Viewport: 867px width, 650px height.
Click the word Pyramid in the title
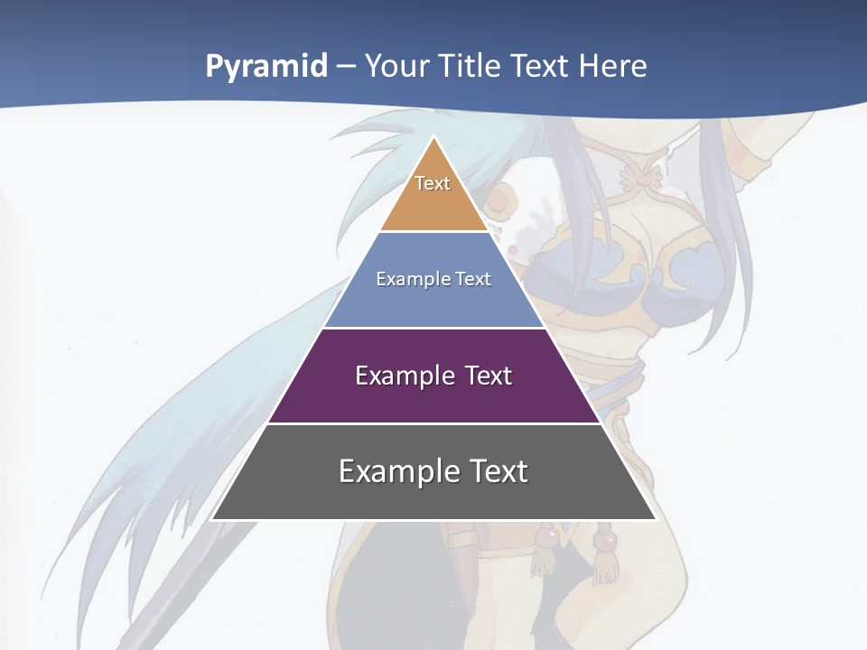[x=266, y=67]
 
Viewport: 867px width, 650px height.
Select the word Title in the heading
[x=472, y=67]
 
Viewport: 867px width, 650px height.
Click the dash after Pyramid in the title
[x=346, y=67]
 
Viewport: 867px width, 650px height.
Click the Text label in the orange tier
[x=433, y=183]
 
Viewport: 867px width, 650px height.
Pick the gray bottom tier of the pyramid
[x=433, y=497]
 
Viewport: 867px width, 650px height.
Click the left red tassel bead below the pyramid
[x=545, y=539]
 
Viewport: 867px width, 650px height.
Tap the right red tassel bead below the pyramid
[x=606, y=540]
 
